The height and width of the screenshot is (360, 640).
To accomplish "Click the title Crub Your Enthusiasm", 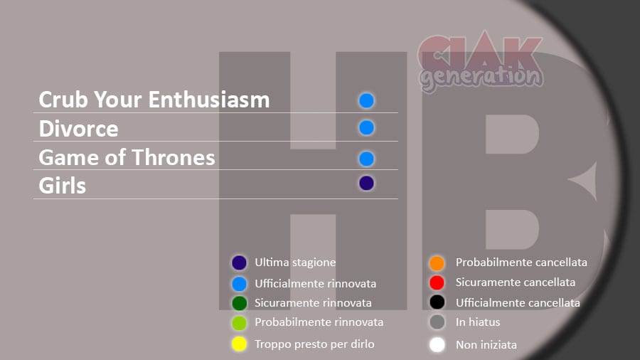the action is coord(154,100).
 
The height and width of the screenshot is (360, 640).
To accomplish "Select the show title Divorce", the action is coord(78,129).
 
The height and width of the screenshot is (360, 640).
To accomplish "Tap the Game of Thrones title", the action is coord(127,157).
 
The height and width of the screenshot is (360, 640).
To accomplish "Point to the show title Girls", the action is coord(62,186).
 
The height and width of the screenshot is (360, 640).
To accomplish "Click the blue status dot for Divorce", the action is coord(366,128).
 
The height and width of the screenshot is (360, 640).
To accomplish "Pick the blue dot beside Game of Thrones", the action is coord(366,159).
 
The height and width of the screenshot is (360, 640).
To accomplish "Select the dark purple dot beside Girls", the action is coord(366,184).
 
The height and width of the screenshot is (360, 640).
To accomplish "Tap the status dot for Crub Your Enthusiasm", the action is coord(366,101).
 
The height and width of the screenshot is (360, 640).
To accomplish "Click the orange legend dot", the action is coord(437,263).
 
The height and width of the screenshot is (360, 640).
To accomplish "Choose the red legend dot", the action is coord(437,282).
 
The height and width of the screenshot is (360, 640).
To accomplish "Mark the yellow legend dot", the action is coord(239,344).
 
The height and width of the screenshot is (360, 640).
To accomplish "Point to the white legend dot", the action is coord(437,345).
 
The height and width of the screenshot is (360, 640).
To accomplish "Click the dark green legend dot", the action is coord(239,303).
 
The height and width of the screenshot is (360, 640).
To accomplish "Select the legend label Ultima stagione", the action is coord(295,263).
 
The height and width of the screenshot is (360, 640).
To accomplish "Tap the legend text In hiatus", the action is coord(478,322).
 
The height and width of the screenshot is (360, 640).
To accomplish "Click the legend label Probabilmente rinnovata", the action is coord(319,322).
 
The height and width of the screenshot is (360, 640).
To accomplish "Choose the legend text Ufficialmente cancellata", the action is coord(518,303).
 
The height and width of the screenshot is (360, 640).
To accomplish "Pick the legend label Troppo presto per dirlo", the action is coord(314,344).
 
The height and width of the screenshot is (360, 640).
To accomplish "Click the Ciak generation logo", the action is coord(481,61).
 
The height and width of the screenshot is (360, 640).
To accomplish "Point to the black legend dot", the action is coord(437,302).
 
